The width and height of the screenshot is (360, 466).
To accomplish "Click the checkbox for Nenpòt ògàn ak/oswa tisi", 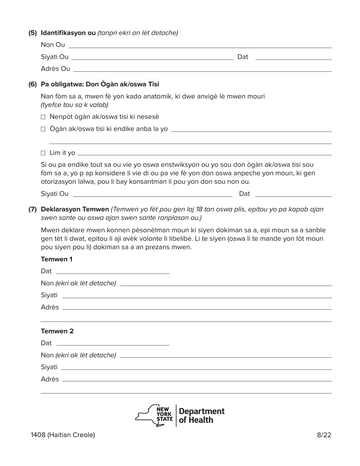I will tap(43, 117).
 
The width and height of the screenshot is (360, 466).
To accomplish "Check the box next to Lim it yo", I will tap(43, 153).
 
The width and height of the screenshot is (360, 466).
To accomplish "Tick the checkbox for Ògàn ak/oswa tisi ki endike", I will tap(43, 129).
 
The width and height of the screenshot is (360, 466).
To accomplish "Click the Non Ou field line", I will tap(200, 45).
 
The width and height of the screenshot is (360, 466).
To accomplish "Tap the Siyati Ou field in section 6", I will tap(152, 194).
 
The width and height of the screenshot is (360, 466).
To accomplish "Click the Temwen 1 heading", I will tap(56, 259).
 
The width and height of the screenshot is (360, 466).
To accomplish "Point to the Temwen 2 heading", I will tap(57, 331).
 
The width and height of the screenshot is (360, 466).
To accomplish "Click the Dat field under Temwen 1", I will tap(112, 271).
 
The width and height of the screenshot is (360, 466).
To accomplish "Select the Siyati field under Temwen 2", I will tap(196, 367).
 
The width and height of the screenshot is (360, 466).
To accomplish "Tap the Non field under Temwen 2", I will tap(225, 355).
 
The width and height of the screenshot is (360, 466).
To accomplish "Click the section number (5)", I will tap(33, 33).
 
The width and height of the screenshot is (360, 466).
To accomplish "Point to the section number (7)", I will tap(33, 210).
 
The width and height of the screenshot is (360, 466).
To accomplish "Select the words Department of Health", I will tap(201, 416).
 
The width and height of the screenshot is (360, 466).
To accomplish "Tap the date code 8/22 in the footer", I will tap(324, 435).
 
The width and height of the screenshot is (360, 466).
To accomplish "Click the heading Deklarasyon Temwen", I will tap(75, 210).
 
